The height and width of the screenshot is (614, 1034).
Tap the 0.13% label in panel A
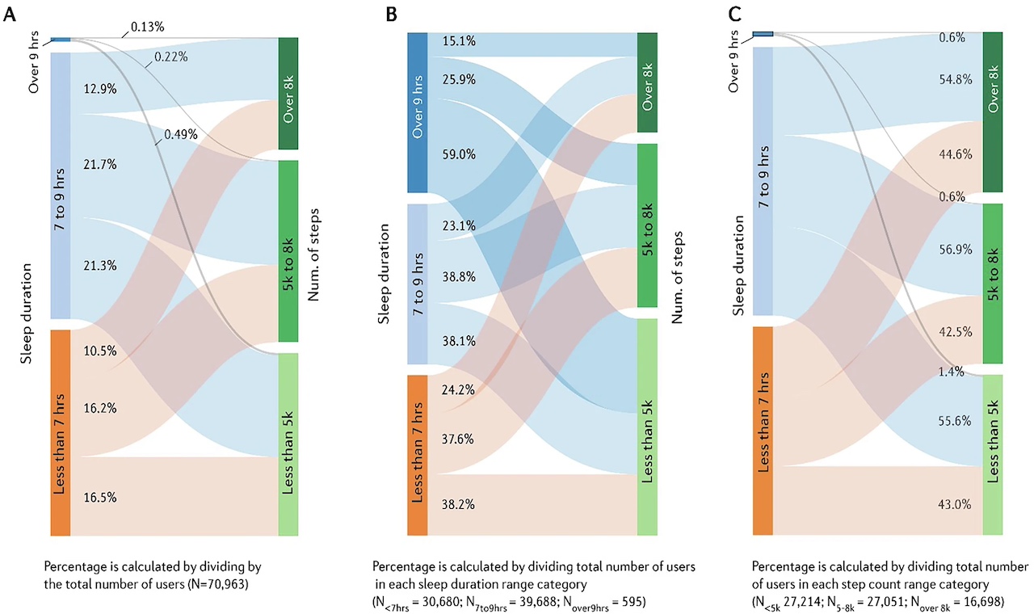point(147,27)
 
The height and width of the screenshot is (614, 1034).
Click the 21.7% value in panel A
point(100,165)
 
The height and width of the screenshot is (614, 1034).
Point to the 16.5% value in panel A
point(100,498)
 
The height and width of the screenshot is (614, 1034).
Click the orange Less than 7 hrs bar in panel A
point(61,432)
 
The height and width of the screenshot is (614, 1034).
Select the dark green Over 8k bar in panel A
point(288,93)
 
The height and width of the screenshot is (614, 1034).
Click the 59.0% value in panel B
point(459,154)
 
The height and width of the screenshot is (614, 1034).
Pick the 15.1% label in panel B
point(459,41)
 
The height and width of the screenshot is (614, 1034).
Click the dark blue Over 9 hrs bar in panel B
point(417,112)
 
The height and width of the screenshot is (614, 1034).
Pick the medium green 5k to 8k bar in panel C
point(993,284)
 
